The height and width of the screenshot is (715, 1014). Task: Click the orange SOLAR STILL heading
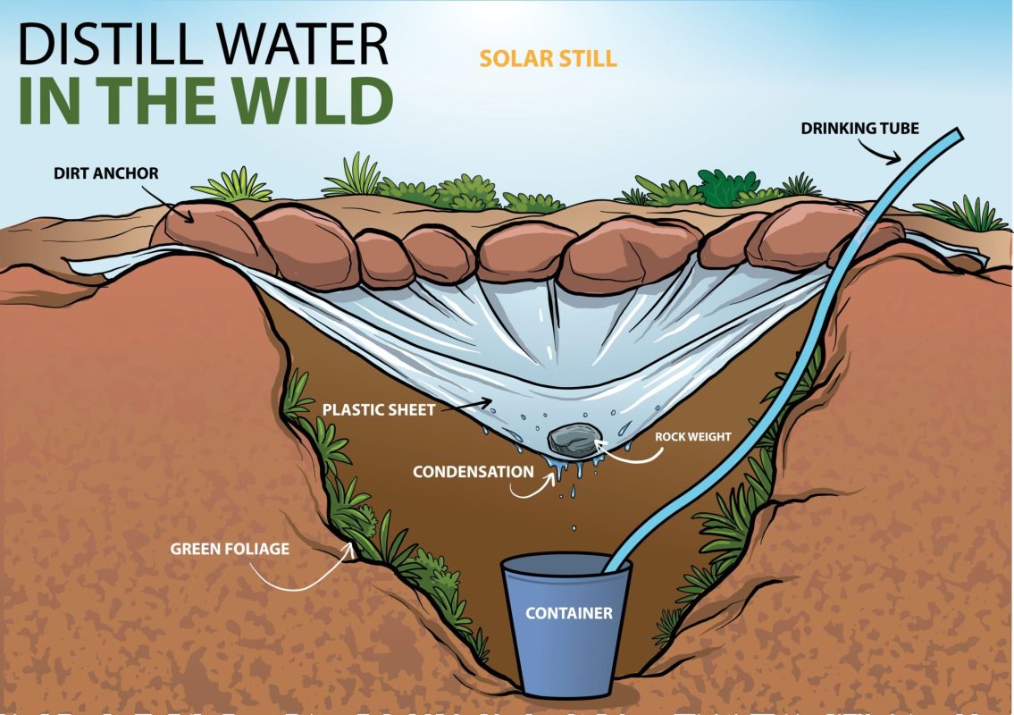click(x=548, y=59)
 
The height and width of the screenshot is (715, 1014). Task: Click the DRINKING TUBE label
click(x=860, y=129)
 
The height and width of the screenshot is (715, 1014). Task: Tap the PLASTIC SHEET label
click(x=379, y=410)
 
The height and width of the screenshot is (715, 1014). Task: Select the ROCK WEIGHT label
click(x=693, y=437)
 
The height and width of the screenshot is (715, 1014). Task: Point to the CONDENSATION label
click(x=473, y=471)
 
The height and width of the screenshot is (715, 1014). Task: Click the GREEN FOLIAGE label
click(x=230, y=548)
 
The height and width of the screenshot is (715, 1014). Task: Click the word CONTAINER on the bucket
click(x=568, y=613)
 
